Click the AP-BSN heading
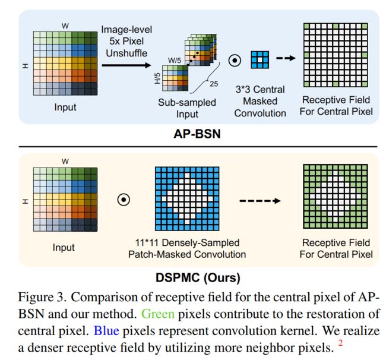[x=197, y=134]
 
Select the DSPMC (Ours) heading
[x=198, y=277]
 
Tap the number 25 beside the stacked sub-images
[x=214, y=84]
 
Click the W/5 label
[x=174, y=61]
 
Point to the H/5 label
[x=157, y=78]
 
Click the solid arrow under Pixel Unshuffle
[x=126, y=65]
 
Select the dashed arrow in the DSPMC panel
[x=260, y=201]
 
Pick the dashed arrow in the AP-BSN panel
[x=286, y=58]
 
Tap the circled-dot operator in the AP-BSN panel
[x=235, y=61]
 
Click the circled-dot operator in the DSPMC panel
[x=124, y=200]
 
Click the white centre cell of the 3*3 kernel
[x=260, y=59]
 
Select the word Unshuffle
[x=126, y=53]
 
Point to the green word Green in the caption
[x=158, y=314]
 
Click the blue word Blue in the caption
[x=106, y=330]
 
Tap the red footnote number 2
[x=340, y=343]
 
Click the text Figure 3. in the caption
[x=42, y=297]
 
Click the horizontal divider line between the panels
[x=198, y=147]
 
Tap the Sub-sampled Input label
[x=187, y=108]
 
